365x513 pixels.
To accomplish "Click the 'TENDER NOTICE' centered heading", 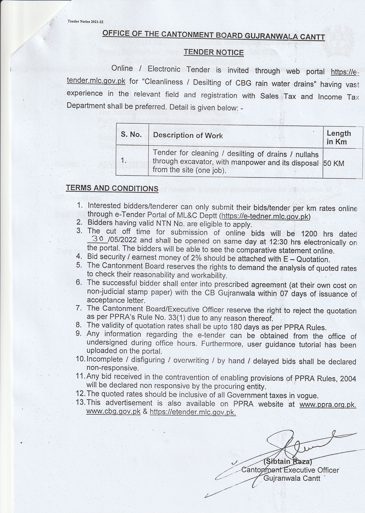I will [214, 52].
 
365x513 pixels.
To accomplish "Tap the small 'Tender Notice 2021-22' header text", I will [86, 22].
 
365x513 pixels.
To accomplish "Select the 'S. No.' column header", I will [131, 135].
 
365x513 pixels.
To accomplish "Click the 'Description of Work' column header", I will [188, 135].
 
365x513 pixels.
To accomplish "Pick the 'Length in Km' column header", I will [339, 138].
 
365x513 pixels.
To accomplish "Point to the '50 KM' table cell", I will [334, 163].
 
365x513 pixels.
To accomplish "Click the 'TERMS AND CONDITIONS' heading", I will [112, 188].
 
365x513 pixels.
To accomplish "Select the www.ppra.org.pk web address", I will [328, 405].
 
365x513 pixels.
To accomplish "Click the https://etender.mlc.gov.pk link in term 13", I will [193, 412].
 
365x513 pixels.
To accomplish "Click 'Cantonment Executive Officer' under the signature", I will [290, 470].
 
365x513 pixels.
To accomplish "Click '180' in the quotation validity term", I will [237, 327].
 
